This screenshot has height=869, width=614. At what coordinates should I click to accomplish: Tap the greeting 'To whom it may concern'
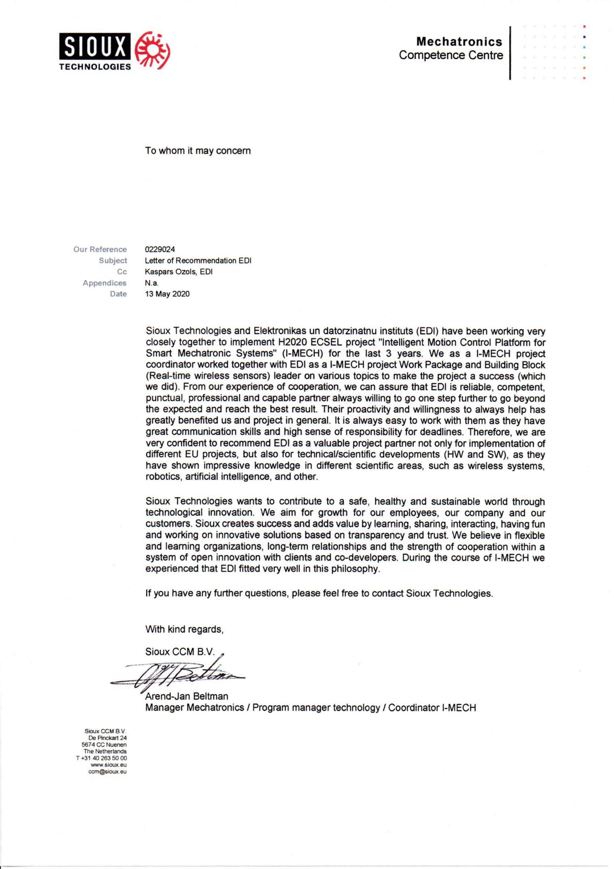pos(198,151)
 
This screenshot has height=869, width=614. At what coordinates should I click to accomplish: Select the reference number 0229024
pos(160,249)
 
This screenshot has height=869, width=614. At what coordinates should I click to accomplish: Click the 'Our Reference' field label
pos(100,249)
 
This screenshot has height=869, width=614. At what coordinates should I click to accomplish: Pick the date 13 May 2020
pos(167,294)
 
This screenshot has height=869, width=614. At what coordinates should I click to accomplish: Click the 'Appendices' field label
pos(105,283)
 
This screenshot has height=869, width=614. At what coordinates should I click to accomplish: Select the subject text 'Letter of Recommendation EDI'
pos(198,261)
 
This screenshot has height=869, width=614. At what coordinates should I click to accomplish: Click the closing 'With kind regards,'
pos(184,629)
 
